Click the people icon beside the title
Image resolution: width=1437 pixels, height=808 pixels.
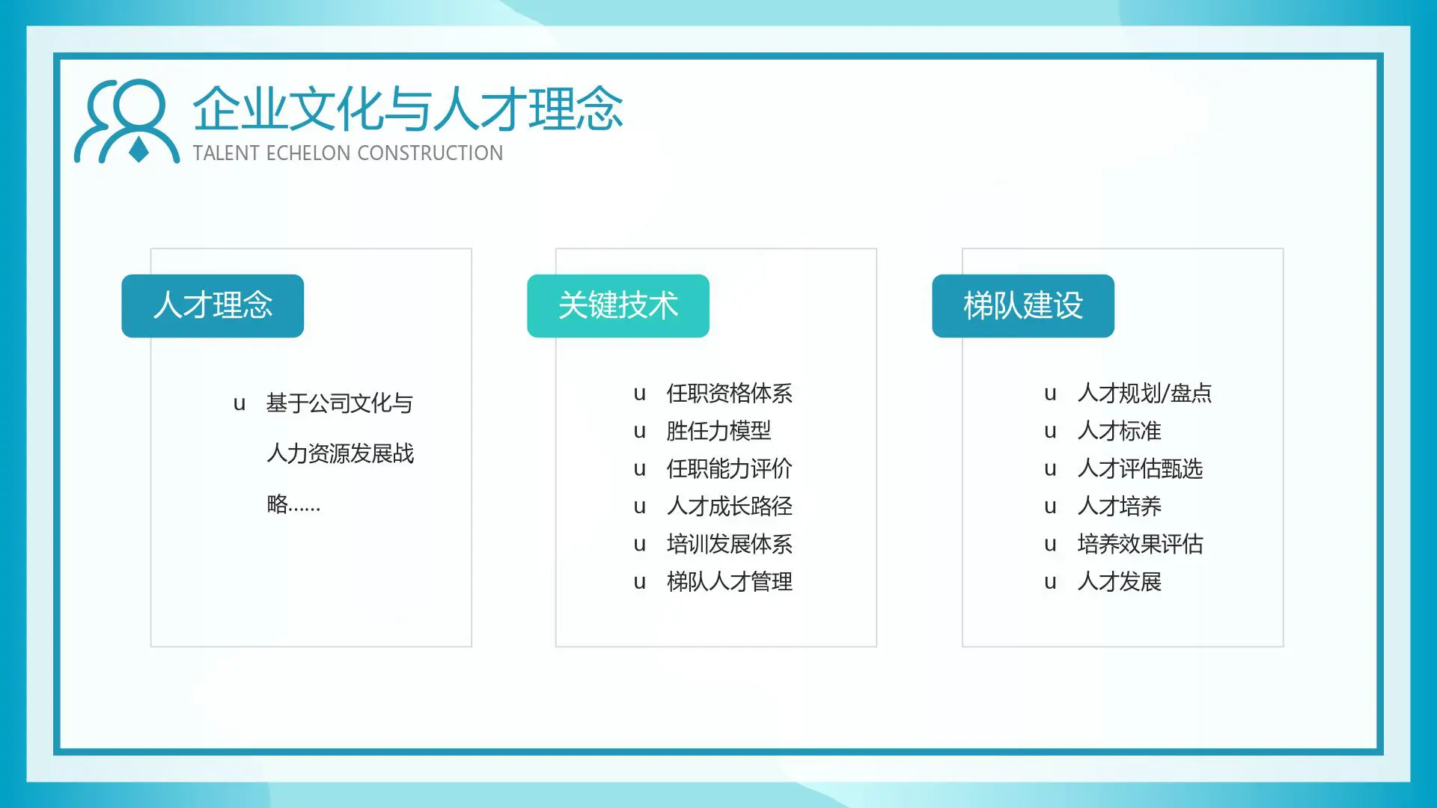[127, 121]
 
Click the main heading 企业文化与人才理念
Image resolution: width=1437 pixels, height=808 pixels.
[408, 109]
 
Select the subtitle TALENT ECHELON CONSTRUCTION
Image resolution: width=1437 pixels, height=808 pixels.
[348, 153]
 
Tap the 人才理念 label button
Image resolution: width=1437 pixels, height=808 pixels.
[213, 306]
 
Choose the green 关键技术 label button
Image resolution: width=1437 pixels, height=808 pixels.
[618, 306]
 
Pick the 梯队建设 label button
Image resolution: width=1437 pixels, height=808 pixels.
[1023, 306]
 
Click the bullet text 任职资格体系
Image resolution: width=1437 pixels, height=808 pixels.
[729, 394]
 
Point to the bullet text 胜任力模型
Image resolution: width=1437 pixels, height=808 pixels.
[718, 431]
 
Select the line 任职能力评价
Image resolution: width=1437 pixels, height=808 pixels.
[729, 469]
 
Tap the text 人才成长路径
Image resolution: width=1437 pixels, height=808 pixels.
[729, 506]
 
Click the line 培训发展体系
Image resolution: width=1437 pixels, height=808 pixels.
[729, 544]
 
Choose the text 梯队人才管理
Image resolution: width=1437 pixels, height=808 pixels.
[729, 582]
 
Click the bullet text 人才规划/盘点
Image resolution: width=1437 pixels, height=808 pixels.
[1144, 394]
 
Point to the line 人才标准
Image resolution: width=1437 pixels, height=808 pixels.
[1119, 431]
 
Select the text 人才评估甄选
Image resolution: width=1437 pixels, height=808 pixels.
[1140, 469]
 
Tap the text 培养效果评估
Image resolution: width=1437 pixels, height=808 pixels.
[1140, 544]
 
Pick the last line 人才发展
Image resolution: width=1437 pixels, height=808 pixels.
[1119, 582]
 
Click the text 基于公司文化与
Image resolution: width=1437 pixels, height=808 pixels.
[340, 404]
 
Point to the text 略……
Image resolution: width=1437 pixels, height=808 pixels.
[293, 504]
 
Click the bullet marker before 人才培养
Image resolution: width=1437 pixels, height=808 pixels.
[1050, 507]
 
